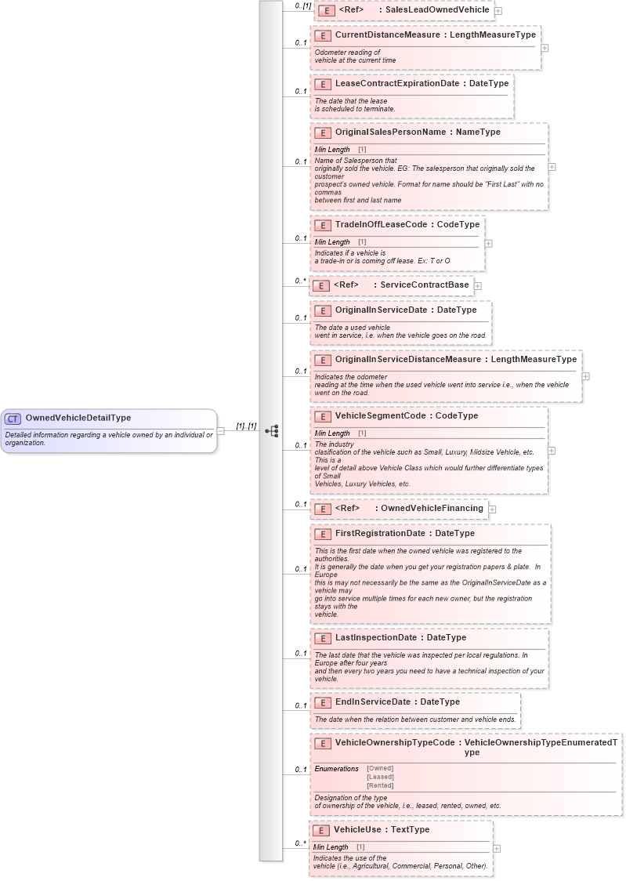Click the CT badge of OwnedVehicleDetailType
(13, 419)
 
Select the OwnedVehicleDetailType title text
(78, 419)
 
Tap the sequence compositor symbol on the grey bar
(271, 430)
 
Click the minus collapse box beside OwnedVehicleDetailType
(221, 430)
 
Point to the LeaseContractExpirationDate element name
(396, 84)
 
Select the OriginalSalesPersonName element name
(389, 132)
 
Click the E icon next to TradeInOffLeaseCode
(322, 225)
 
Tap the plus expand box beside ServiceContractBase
(477, 286)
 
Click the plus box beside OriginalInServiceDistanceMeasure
(585, 376)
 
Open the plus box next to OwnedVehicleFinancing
(492, 509)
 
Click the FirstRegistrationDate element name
(380, 534)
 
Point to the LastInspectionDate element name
(375, 638)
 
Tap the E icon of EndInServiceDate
(322, 702)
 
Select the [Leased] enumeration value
(380, 777)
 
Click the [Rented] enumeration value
(380, 785)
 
